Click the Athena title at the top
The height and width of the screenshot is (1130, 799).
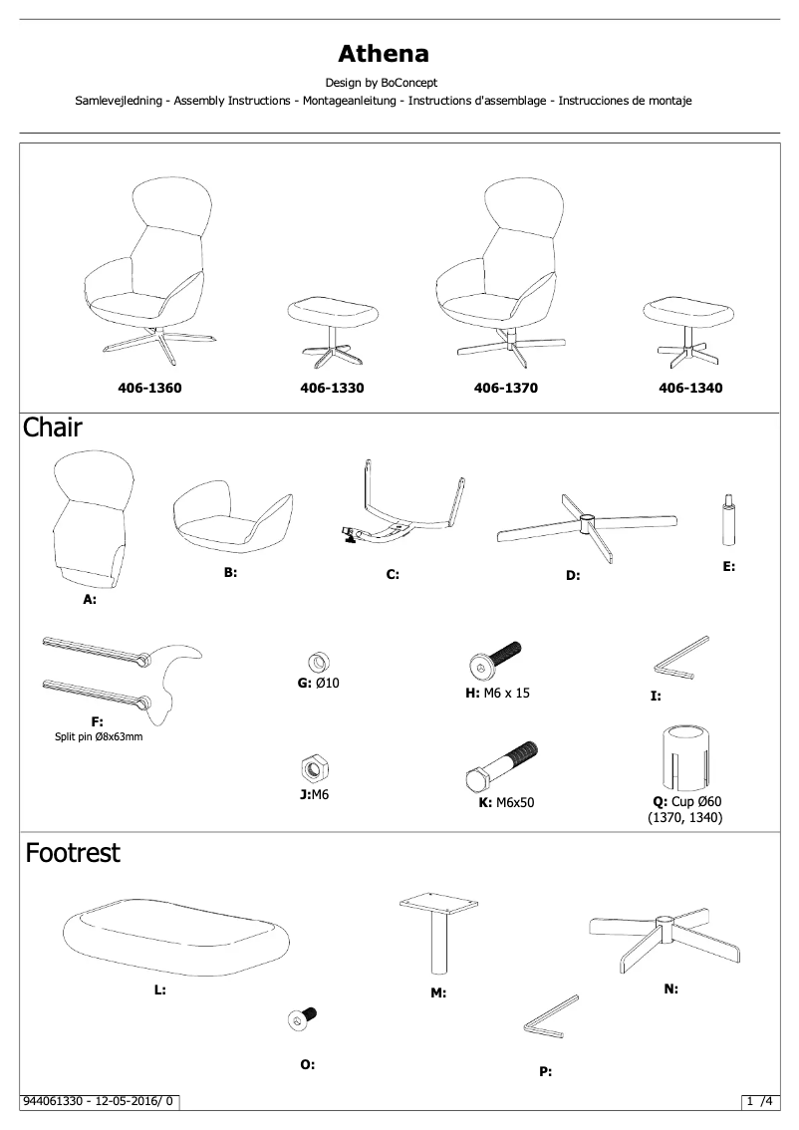click(x=384, y=52)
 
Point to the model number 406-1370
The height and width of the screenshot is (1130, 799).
click(x=505, y=389)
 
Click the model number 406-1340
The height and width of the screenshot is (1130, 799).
click(x=690, y=389)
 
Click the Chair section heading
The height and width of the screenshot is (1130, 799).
click(x=53, y=428)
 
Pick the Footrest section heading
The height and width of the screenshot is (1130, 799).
click(x=73, y=853)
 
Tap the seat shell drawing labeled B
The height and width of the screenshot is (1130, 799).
click(x=232, y=518)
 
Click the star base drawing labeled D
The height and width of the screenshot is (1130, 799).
click(x=586, y=526)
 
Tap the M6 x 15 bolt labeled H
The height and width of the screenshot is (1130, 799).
click(x=495, y=660)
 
